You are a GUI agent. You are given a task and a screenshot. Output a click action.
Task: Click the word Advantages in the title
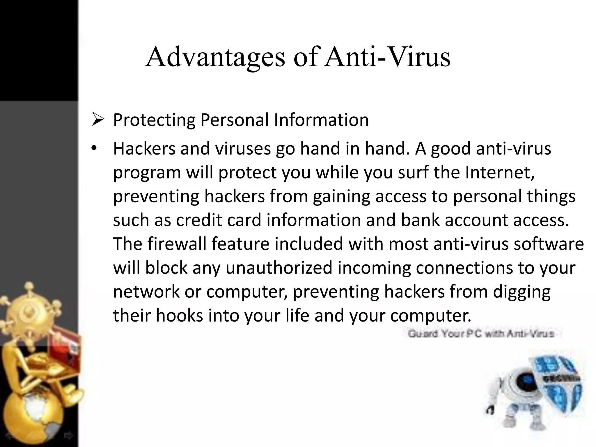coord(215,57)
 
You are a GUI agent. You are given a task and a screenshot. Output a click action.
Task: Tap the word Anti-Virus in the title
coord(388,57)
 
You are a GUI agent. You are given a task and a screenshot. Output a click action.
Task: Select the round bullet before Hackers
coord(93,148)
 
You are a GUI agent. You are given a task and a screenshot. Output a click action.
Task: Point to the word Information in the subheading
coord(321,120)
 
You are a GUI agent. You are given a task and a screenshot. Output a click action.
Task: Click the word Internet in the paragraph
coord(499,172)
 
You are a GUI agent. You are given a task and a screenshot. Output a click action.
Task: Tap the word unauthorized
coord(279,267)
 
